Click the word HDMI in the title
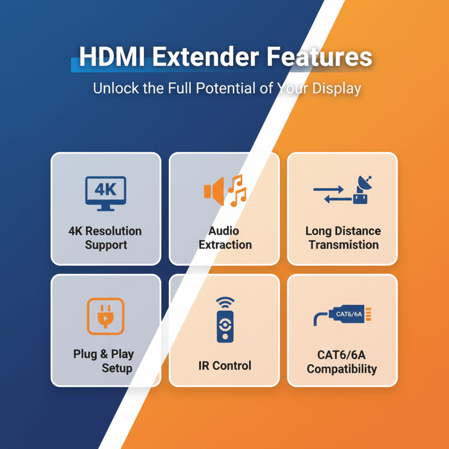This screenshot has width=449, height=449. tap(112, 57)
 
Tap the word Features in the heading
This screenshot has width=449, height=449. tap(319, 57)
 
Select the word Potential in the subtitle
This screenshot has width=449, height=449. tap(226, 88)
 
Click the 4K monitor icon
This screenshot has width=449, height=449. tap(106, 194)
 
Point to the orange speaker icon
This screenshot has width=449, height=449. tap(214, 191)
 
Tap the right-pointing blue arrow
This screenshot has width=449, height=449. tap(328, 189)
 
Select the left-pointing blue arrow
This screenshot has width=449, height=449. tap(338, 199)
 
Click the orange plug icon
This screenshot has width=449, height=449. tap(105, 316)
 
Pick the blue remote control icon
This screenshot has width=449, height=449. tap(225, 327)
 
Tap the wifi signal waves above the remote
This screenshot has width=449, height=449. tap(225, 303)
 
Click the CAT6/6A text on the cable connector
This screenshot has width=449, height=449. tap(349, 314)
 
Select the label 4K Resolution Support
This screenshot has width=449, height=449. tap(105, 238)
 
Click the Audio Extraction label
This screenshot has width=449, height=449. tap(225, 238)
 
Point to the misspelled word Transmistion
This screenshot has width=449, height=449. tap(344, 245)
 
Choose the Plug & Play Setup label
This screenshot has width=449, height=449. tap(104, 361)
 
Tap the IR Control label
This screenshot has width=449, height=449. tap(225, 366)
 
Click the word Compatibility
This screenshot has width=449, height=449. tap(342, 369)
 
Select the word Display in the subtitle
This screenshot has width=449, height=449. tap(336, 89)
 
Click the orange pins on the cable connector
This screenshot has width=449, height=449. tap(368, 314)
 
